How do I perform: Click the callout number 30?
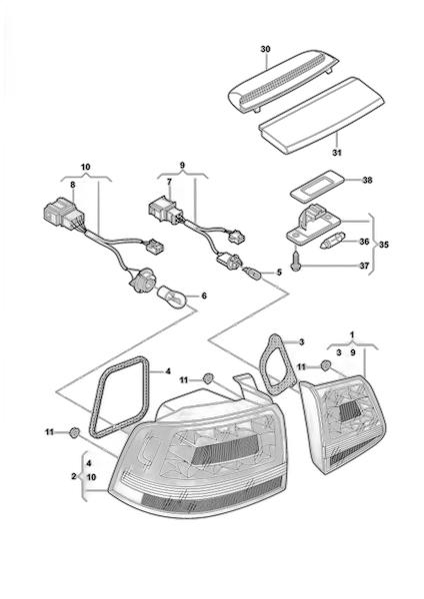click(x=265, y=49)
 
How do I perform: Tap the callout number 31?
click(x=336, y=153)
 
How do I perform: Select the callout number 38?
click(x=367, y=180)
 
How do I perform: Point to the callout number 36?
click(x=364, y=242)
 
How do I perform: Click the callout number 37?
click(x=364, y=266)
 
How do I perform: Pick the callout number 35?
click(x=383, y=245)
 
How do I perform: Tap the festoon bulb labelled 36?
click(x=332, y=242)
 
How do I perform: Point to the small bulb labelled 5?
click(x=253, y=274)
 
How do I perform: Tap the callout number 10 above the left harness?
click(x=86, y=167)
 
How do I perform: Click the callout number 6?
click(x=204, y=296)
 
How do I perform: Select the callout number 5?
click(x=279, y=273)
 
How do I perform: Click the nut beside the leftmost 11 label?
click(x=74, y=432)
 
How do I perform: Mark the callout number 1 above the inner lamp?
click(x=352, y=333)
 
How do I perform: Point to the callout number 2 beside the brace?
click(x=73, y=477)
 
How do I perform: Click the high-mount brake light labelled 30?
click(x=283, y=81)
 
